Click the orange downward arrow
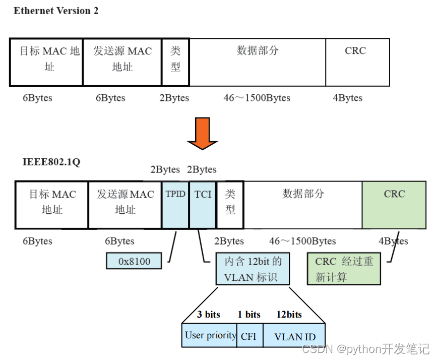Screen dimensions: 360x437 click(202, 133)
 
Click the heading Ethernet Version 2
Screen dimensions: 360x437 click(56, 11)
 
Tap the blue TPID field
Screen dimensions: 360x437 click(175, 204)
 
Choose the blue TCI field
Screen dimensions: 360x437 click(203, 204)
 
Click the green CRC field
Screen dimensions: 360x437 click(394, 204)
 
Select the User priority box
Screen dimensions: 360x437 click(210, 335)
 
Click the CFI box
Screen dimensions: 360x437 click(249, 336)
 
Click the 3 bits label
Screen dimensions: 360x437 click(208, 315)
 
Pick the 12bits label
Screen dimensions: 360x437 click(289, 315)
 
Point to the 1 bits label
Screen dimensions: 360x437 click(249, 315)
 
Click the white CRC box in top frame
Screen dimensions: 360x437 click(357, 62)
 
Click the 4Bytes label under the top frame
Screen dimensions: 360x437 click(347, 98)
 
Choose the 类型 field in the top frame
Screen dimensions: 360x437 click(175, 62)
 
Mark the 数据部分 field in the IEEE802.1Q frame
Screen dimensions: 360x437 click(302, 204)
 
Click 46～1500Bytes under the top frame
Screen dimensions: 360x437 click(257, 98)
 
